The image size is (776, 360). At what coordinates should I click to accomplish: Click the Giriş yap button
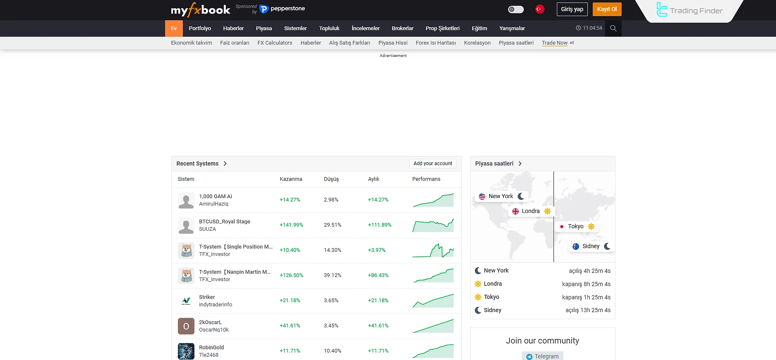[x=572, y=9]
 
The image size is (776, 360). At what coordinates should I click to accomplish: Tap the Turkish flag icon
[x=539, y=9]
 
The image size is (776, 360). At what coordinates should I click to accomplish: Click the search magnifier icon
[x=613, y=28]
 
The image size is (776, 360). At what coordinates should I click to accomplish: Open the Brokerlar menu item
[x=402, y=28]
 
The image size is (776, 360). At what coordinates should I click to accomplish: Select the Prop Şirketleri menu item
[x=442, y=28]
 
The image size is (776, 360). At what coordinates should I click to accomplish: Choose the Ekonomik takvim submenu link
[x=191, y=43]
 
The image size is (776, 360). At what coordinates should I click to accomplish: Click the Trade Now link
[x=554, y=43]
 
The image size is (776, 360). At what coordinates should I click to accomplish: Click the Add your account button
[x=433, y=163]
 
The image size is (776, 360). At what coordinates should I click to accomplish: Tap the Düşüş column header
[x=331, y=179]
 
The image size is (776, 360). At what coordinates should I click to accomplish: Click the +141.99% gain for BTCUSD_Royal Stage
[x=291, y=225]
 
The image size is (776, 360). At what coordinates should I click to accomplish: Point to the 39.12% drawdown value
[x=332, y=275]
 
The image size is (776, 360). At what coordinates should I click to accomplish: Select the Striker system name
[x=207, y=297]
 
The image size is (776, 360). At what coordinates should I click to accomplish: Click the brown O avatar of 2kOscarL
[x=186, y=326]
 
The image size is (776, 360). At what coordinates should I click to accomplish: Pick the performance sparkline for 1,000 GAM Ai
[x=433, y=200]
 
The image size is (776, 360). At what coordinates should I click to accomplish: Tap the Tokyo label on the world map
[x=575, y=226]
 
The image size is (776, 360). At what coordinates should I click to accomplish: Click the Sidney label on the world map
[x=591, y=246]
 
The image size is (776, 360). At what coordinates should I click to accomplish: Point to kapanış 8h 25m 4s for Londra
[x=586, y=284]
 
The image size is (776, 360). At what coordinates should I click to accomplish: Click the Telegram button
[x=542, y=356]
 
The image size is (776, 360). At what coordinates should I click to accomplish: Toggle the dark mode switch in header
[x=516, y=9]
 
